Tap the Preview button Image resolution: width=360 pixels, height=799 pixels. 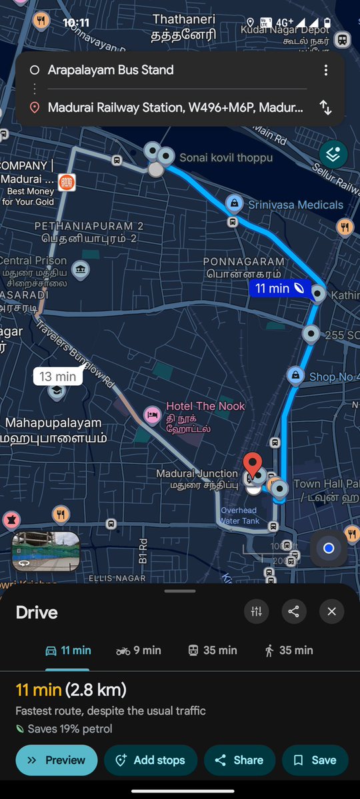[x=57, y=760]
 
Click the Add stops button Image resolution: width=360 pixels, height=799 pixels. [x=151, y=760]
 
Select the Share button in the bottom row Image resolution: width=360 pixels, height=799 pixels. [x=239, y=760]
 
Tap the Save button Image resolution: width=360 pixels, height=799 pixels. [x=315, y=760]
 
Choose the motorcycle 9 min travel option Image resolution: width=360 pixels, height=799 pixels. [x=139, y=650]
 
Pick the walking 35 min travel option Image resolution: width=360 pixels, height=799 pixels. [x=289, y=650]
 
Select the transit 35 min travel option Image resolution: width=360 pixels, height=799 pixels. [x=213, y=650]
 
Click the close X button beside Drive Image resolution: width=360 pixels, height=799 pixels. [x=331, y=611]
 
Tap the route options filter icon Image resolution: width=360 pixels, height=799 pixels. [x=256, y=611]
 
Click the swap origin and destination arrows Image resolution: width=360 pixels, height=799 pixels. [x=325, y=107]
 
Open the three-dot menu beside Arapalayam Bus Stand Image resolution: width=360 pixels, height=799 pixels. [x=325, y=70]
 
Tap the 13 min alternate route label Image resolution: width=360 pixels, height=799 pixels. [x=57, y=377]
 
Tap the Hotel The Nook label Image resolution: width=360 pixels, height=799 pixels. [x=205, y=406]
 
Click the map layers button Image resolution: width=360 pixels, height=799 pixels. [x=333, y=155]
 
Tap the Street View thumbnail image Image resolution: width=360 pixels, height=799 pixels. [x=46, y=552]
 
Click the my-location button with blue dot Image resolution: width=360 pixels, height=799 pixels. [x=328, y=548]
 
